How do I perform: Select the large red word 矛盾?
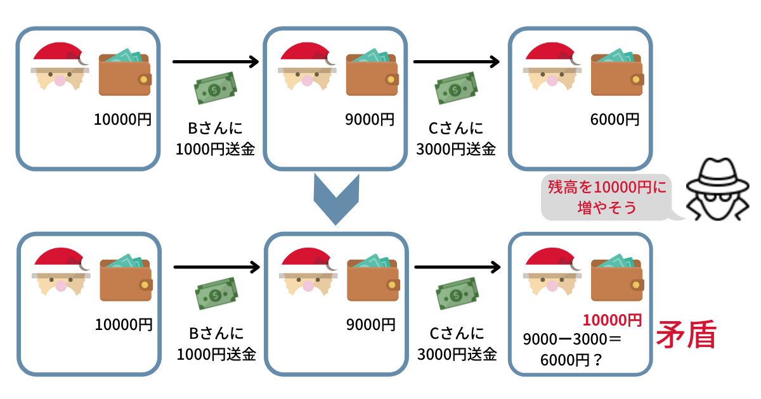coord(686,336)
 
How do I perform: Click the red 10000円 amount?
coord(612,320)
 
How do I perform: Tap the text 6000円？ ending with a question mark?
coord(571,360)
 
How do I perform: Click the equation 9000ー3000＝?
coord(571,339)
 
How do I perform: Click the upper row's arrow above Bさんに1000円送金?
coord(216,61)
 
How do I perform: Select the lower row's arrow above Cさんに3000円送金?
coord(456,268)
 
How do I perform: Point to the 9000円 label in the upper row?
coord(370,119)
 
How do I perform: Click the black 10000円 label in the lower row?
coord(124,325)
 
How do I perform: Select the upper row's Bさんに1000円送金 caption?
coord(216,139)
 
